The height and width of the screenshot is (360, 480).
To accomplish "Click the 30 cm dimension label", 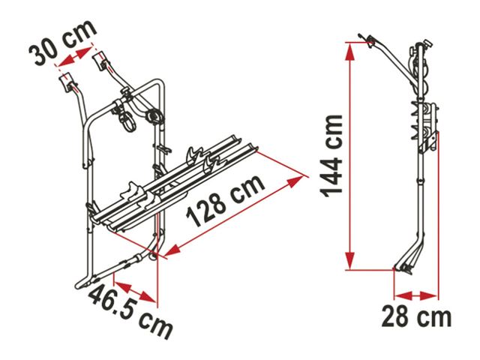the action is pos(62,42).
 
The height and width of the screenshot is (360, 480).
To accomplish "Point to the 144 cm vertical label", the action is pos(331,157).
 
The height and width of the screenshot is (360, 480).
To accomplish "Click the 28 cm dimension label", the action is pos(416,317).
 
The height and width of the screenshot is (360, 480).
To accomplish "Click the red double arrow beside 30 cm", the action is pos(75,57).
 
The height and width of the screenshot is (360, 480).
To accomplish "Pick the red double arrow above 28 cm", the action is pos(415,295).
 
